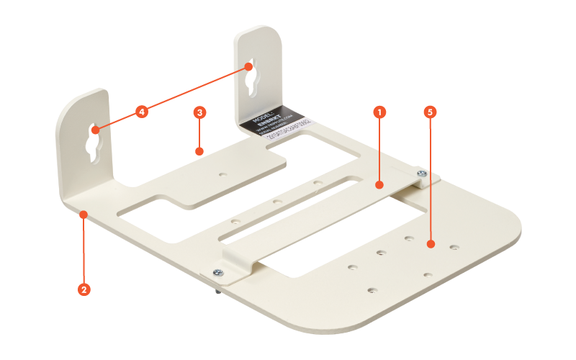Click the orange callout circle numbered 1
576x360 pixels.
click(x=379, y=112)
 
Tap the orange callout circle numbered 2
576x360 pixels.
click(x=84, y=289)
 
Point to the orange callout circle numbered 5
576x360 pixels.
click(x=430, y=112)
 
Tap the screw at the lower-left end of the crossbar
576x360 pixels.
click(x=217, y=271)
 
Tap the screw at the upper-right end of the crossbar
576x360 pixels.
click(x=421, y=173)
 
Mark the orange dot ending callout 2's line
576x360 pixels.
click(x=84, y=214)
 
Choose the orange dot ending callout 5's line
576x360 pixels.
click(x=430, y=245)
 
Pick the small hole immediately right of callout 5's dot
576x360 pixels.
click(x=454, y=248)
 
